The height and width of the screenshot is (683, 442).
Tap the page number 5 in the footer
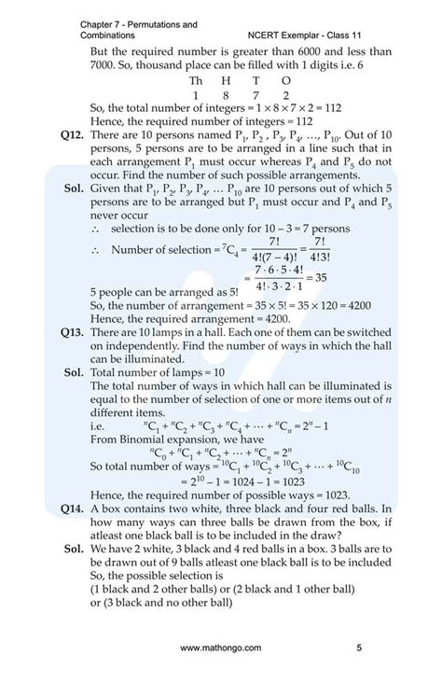[x=359, y=648]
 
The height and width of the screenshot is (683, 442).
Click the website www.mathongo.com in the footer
[x=221, y=648]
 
